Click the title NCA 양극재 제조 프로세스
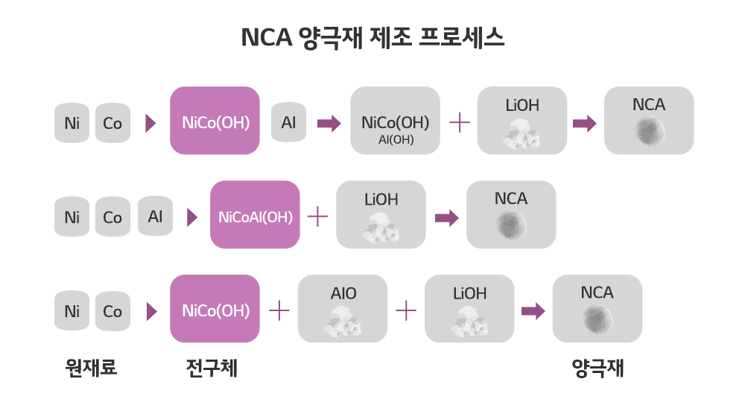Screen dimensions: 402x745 point(372,37)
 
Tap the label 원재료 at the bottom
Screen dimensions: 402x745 point(91,368)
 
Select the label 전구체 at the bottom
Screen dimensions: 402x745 point(212,368)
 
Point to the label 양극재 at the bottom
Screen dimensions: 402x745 point(597,368)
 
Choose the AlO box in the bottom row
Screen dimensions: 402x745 point(343,309)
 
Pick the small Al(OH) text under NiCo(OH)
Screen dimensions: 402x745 point(396,139)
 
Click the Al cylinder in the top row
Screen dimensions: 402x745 point(288,121)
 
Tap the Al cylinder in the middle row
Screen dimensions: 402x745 point(155,216)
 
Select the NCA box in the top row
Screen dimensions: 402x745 point(649,121)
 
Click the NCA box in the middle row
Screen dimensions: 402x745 point(511,214)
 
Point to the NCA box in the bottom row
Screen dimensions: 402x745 point(597,309)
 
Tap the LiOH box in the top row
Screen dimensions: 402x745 point(522,121)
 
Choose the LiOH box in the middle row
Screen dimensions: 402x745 point(381,214)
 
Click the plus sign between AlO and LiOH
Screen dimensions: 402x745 point(406,310)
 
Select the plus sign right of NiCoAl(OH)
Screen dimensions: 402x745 point(318,216)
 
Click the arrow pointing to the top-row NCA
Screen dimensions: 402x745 point(585,123)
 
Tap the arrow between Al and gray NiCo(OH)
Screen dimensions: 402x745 point(329,123)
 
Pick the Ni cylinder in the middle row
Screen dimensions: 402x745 point(72,217)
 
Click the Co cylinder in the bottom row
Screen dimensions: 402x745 point(112,310)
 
